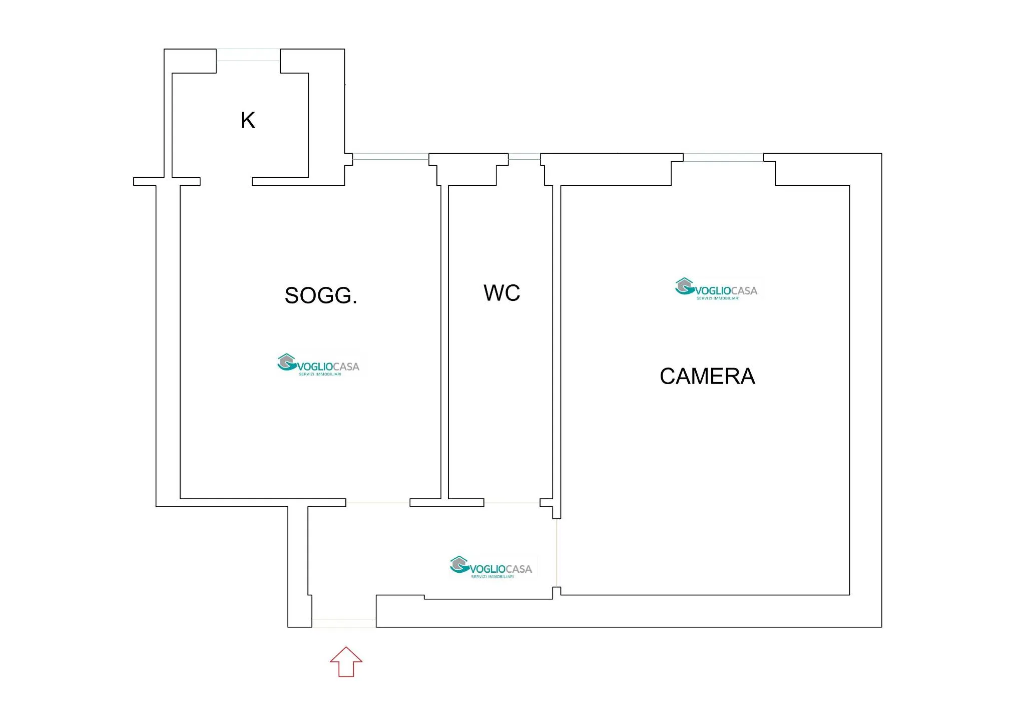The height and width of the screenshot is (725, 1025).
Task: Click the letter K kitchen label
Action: tap(248, 120)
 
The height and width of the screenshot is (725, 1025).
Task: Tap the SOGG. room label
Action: tap(321, 295)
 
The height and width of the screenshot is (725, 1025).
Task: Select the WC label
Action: tap(501, 293)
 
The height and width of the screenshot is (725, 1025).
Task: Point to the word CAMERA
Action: tap(707, 376)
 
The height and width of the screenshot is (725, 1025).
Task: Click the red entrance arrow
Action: tap(346, 662)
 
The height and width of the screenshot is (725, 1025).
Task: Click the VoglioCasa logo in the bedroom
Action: tap(717, 289)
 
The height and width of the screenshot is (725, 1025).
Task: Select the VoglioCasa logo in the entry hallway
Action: tap(491, 567)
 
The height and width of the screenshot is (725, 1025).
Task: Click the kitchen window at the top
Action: tap(248, 55)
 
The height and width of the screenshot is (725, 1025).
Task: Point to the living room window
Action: tap(391, 157)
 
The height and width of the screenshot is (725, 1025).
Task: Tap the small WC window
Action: tap(525, 157)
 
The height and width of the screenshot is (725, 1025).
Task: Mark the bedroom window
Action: tap(723, 158)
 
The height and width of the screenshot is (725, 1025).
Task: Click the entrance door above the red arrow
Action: tap(344, 623)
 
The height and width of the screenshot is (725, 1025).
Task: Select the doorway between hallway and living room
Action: tap(378, 503)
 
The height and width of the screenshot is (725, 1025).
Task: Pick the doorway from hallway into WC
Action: tap(512, 503)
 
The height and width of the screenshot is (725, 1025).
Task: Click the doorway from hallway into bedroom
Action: tap(557, 553)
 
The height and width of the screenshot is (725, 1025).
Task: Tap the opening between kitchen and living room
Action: tap(226, 181)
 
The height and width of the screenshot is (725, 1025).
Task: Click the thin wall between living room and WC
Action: tap(444, 342)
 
